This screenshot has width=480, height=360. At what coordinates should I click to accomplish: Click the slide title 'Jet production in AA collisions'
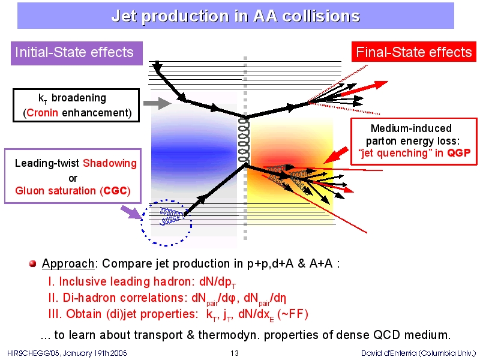point(235,16)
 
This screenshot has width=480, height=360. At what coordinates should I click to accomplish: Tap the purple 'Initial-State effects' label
point(77,53)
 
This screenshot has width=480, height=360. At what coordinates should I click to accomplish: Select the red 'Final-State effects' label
point(414,52)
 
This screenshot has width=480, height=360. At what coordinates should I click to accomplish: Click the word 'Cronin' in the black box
point(42,113)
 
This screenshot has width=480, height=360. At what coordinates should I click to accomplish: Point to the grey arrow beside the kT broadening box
point(157,103)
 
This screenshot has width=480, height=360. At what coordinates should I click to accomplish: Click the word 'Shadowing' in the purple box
point(110,163)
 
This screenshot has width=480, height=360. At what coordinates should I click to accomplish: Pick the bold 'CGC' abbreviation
point(115,191)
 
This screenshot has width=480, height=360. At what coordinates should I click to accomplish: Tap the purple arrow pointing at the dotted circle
point(131,212)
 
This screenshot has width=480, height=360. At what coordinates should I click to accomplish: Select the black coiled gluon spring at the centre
point(244,140)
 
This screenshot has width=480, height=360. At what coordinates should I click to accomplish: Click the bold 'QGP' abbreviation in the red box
point(458,153)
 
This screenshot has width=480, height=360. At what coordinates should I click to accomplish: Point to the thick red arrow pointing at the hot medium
point(336,155)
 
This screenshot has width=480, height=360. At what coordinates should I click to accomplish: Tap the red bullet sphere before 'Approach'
point(33,263)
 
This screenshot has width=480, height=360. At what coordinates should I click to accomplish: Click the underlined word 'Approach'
point(68,263)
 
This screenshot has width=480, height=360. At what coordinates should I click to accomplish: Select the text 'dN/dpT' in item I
point(217,282)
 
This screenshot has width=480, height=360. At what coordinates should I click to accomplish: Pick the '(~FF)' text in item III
point(292,314)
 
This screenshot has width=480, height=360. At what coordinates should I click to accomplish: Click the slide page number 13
point(235,353)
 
